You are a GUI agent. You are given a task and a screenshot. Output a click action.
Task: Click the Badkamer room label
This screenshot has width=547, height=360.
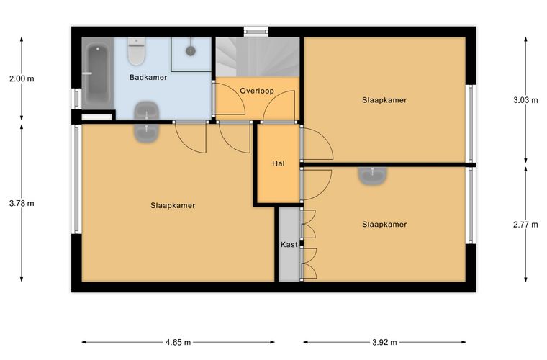coord(148,77)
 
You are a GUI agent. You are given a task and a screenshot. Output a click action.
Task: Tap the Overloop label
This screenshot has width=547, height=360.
coord(257,91)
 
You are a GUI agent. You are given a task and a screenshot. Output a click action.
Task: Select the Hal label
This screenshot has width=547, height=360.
coord(279,163)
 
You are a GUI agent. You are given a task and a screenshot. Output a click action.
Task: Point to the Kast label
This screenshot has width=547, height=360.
coord(289,245)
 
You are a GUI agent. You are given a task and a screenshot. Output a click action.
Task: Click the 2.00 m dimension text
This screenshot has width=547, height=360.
coord(22,78)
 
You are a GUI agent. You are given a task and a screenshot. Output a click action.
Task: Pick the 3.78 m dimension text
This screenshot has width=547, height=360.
coord(22,203)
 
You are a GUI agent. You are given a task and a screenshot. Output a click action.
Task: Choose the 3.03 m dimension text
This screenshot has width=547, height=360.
coord(525,101)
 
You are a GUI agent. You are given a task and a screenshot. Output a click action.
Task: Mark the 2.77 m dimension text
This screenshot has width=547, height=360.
coord(525,225)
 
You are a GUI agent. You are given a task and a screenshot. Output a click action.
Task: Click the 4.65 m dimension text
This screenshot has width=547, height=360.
coord(178,342)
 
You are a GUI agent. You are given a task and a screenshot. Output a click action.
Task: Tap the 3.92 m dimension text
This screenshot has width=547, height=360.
coord(384,342)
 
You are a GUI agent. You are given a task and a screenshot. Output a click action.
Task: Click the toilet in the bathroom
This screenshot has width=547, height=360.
coord(137,51)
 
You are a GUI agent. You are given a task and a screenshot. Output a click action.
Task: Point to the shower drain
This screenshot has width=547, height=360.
coord(190,51)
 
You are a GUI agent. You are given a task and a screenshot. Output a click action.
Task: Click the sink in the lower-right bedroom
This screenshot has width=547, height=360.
coord(373,176)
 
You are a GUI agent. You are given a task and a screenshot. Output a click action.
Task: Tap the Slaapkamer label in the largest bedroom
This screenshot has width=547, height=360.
coord(173,206)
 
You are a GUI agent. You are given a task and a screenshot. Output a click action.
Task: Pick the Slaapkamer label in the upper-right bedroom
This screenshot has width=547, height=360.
coord(384,101)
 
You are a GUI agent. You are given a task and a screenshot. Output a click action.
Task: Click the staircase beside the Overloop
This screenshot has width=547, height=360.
coord(258,57)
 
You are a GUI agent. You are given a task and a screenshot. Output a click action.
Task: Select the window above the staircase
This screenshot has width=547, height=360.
coord(256,32)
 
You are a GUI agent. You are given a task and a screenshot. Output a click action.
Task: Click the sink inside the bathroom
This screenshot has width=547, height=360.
coord(147,111)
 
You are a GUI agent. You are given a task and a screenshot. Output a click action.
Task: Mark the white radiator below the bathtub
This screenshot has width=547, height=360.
coord(97,117)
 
